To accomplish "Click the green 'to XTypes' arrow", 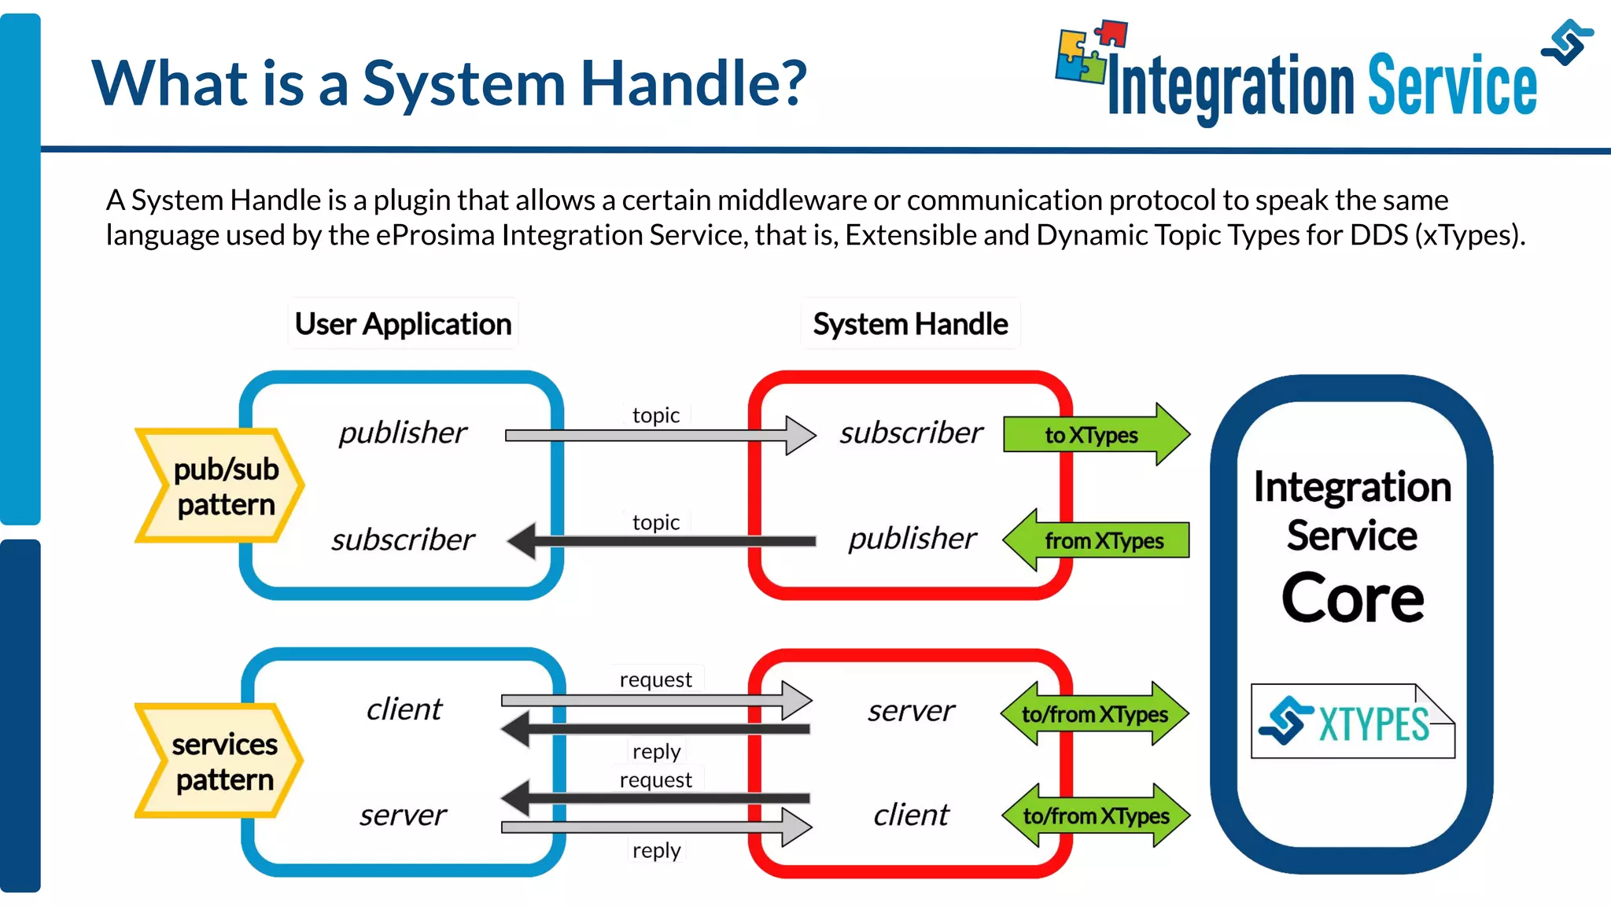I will (x=1093, y=435).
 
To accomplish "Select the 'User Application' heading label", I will (x=403, y=324).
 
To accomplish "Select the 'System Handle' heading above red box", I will (x=910, y=324).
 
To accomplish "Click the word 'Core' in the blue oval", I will (x=1352, y=598).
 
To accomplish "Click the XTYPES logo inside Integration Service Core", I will (x=1353, y=722).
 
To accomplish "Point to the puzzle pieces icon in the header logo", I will (x=1090, y=52).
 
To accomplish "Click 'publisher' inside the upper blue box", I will (x=403, y=433).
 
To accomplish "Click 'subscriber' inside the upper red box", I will (x=911, y=433).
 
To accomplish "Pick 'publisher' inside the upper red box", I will (x=912, y=539).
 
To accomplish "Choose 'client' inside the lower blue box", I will (x=404, y=709).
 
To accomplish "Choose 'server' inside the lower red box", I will (x=911, y=711).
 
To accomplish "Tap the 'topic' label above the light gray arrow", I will (x=656, y=414).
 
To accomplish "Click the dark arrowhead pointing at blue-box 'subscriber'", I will (x=522, y=540).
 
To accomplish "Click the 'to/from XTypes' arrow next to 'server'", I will (x=1095, y=714).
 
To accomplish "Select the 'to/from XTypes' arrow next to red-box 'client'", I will (x=1095, y=816).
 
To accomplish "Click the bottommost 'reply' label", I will (x=656, y=850).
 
